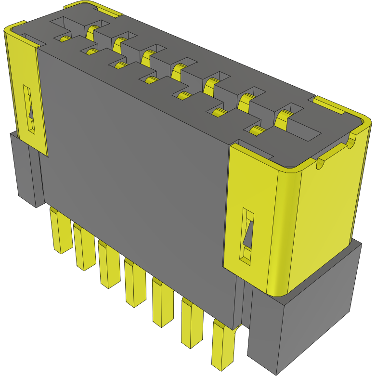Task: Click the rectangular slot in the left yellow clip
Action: [x=29, y=109]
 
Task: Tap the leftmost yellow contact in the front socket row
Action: [x=65, y=39]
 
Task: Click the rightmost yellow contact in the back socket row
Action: [x=284, y=116]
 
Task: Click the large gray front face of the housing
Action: [x=135, y=159]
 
